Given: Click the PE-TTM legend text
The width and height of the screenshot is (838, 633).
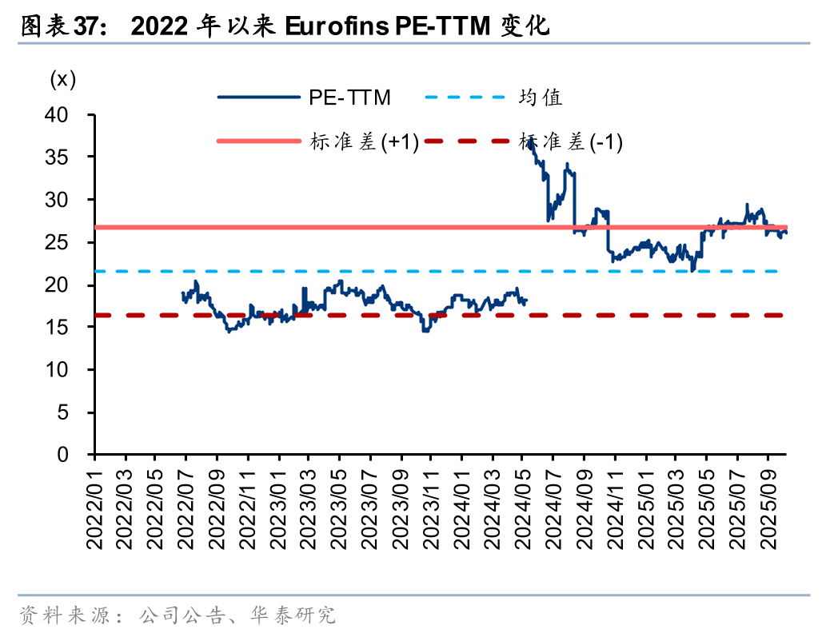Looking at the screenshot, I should pos(350,98).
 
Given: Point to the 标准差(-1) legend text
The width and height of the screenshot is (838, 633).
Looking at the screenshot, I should pos(571,142).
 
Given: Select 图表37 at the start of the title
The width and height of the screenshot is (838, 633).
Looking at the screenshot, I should pos(57,27).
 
